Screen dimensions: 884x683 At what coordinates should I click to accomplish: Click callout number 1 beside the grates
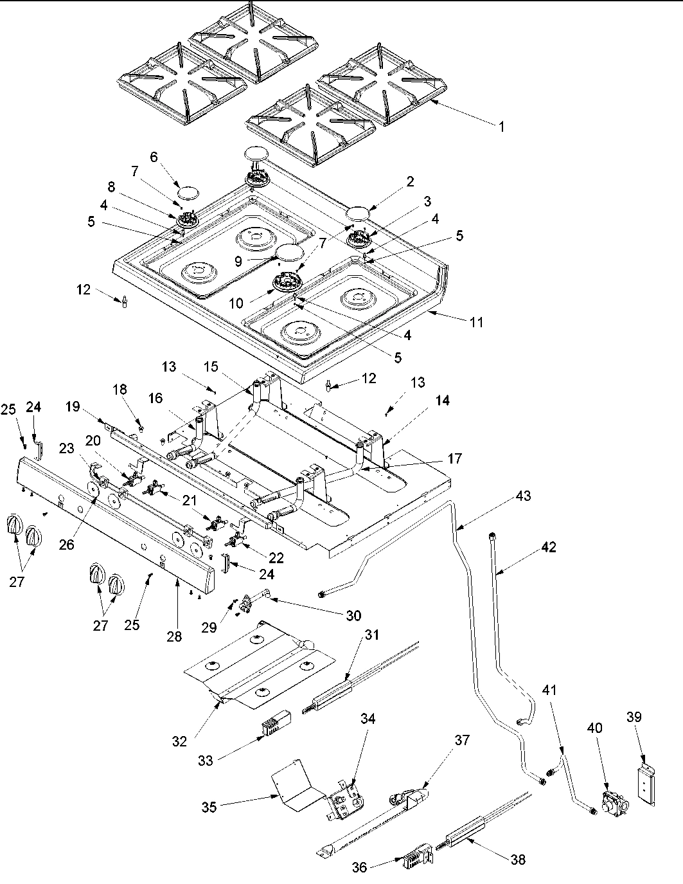click(x=501, y=127)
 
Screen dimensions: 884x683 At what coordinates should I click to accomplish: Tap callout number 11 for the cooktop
click(x=476, y=322)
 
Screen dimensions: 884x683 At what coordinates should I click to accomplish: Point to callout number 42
click(x=548, y=548)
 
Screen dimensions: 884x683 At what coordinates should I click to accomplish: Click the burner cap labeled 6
click(x=189, y=192)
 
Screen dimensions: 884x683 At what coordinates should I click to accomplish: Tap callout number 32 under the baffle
click(x=180, y=741)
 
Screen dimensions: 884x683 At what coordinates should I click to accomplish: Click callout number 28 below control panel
click(x=174, y=637)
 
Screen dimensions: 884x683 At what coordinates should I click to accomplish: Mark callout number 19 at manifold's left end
click(x=72, y=406)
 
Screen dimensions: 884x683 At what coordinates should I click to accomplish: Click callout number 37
click(x=462, y=740)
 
